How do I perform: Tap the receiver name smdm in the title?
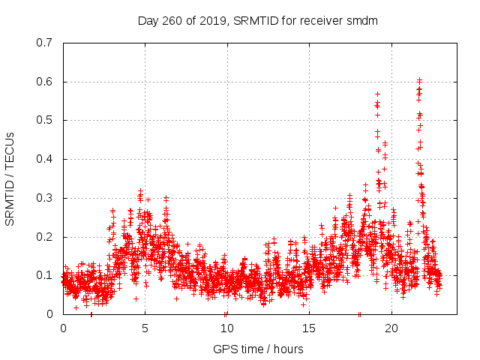[x=362, y=20]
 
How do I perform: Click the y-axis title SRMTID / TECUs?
[x=10, y=178]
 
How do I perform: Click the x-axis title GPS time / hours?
[x=258, y=349]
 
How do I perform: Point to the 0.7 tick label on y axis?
[x=45, y=43]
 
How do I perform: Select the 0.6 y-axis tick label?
[x=45, y=82]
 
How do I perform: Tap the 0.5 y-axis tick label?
[x=45, y=120]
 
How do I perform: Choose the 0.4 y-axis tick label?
[x=45, y=159]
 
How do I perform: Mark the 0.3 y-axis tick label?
[x=45, y=198]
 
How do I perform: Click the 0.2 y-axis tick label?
[x=45, y=237]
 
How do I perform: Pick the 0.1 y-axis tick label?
[x=45, y=275]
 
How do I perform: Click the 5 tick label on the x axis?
[x=145, y=328]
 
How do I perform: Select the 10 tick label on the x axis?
[x=226, y=328]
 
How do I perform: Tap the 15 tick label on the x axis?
[x=309, y=328]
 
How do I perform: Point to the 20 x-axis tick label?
[x=391, y=328]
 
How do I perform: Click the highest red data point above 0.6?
[x=419, y=79]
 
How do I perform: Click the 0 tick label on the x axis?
[x=63, y=328]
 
